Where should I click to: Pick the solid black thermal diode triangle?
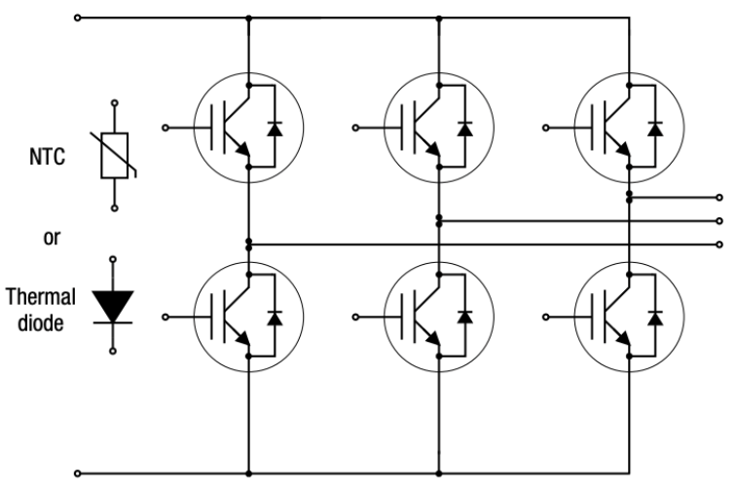click(115, 304)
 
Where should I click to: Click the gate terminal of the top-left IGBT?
click(165, 128)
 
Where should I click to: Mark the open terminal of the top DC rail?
click(79, 18)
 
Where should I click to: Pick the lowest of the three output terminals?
click(719, 244)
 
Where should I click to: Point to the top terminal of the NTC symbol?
click(115, 101)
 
